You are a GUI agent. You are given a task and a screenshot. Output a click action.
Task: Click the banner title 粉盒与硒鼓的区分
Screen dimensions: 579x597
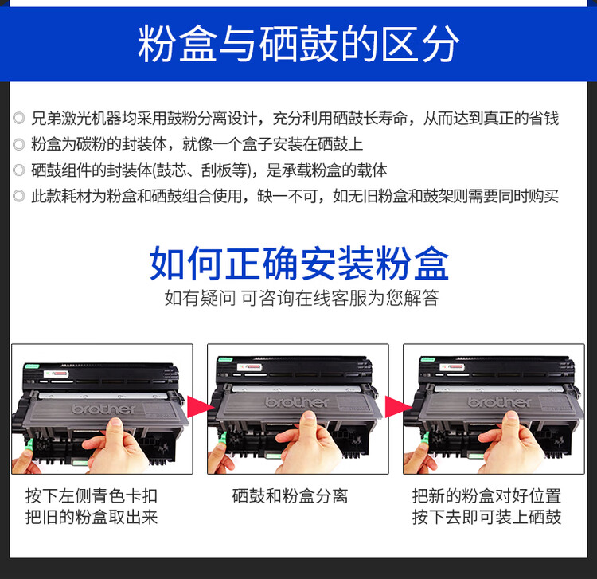(x=298, y=44)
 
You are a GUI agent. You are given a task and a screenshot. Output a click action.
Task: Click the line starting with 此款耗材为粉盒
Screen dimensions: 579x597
(x=295, y=196)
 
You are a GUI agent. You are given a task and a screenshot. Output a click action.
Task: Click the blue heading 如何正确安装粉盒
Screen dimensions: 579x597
(x=298, y=264)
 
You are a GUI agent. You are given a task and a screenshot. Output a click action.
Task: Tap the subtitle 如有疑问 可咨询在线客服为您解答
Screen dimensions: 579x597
(x=301, y=299)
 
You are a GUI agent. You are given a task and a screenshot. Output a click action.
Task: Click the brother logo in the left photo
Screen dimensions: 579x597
(x=103, y=408)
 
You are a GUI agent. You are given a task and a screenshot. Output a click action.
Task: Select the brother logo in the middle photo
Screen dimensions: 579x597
(x=298, y=401)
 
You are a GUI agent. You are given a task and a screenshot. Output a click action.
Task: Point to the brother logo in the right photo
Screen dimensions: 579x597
(x=500, y=401)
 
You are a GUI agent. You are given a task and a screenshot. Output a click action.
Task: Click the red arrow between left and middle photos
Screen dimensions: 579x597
(x=200, y=408)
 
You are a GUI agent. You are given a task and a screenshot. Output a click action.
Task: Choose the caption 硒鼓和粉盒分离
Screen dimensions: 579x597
(x=290, y=495)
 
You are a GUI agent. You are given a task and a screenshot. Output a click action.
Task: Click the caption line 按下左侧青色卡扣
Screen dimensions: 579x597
(x=92, y=495)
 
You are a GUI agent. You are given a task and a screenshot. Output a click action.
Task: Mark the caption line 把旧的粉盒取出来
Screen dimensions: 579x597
(x=92, y=518)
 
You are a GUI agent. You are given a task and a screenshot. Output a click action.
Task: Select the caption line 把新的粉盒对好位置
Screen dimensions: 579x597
(x=486, y=495)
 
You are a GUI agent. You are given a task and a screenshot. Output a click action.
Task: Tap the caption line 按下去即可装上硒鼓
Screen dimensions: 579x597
(x=486, y=518)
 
